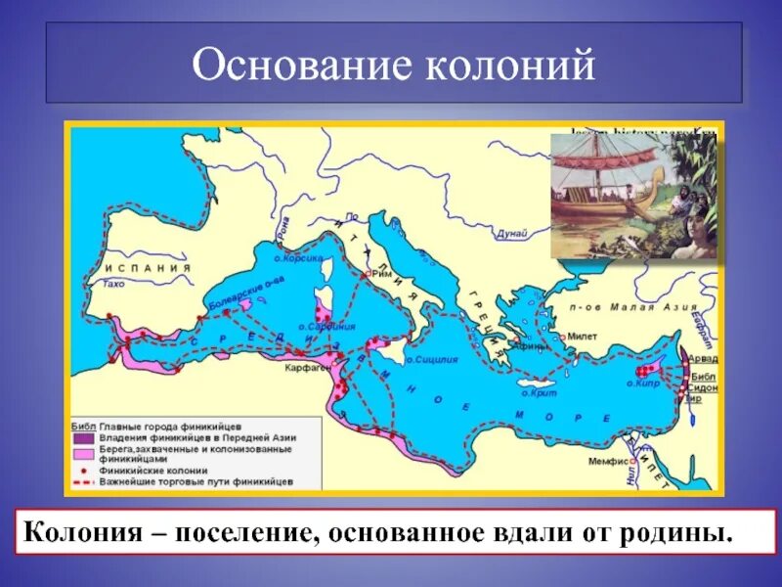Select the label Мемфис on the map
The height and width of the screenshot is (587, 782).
pos(605,460)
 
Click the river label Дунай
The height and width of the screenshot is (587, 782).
pos(511,233)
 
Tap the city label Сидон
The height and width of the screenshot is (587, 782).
pos(704,388)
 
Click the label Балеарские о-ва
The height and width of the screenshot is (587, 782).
pos(235,294)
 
